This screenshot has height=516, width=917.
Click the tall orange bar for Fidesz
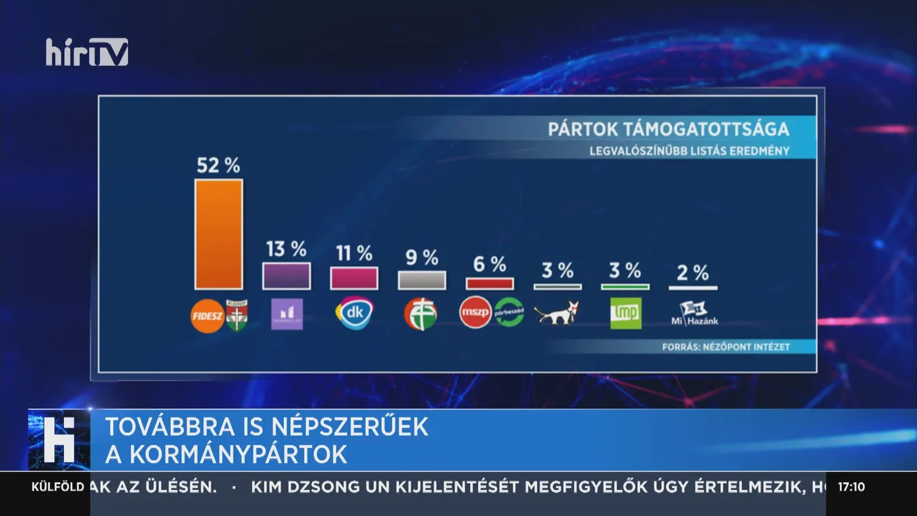click(x=219, y=234)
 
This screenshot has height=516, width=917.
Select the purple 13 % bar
click(x=287, y=276)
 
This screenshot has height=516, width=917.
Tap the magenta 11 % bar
click(x=354, y=278)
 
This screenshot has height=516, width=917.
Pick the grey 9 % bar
click(x=422, y=280)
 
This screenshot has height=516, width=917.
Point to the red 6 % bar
click(x=489, y=283)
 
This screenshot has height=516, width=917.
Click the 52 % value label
click(x=219, y=165)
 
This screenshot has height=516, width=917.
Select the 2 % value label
click(x=693, y=273)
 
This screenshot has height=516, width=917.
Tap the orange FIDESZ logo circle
click(x=207, y=315)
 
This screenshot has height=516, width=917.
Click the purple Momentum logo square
click(x=287, y=314)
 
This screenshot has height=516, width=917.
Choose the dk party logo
click(x=354, y=313)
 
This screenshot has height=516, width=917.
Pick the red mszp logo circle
click(x=475, y=313)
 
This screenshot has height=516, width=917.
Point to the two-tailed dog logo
click(x=556, y=312)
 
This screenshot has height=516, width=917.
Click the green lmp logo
click(x=626, y=313)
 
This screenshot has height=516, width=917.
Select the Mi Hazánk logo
click(x=694, y=313)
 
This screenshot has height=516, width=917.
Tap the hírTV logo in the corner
click(x=87, y=52)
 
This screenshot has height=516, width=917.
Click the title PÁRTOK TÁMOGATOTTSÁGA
click(x=669, y=129)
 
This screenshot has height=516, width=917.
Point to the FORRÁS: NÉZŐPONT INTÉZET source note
click(x=726, y=347)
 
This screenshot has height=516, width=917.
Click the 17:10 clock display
click(x=851, y=487)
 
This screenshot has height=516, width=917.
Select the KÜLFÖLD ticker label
click(x=58, y=487)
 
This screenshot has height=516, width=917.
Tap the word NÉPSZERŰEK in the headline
click(x=350, y=427)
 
